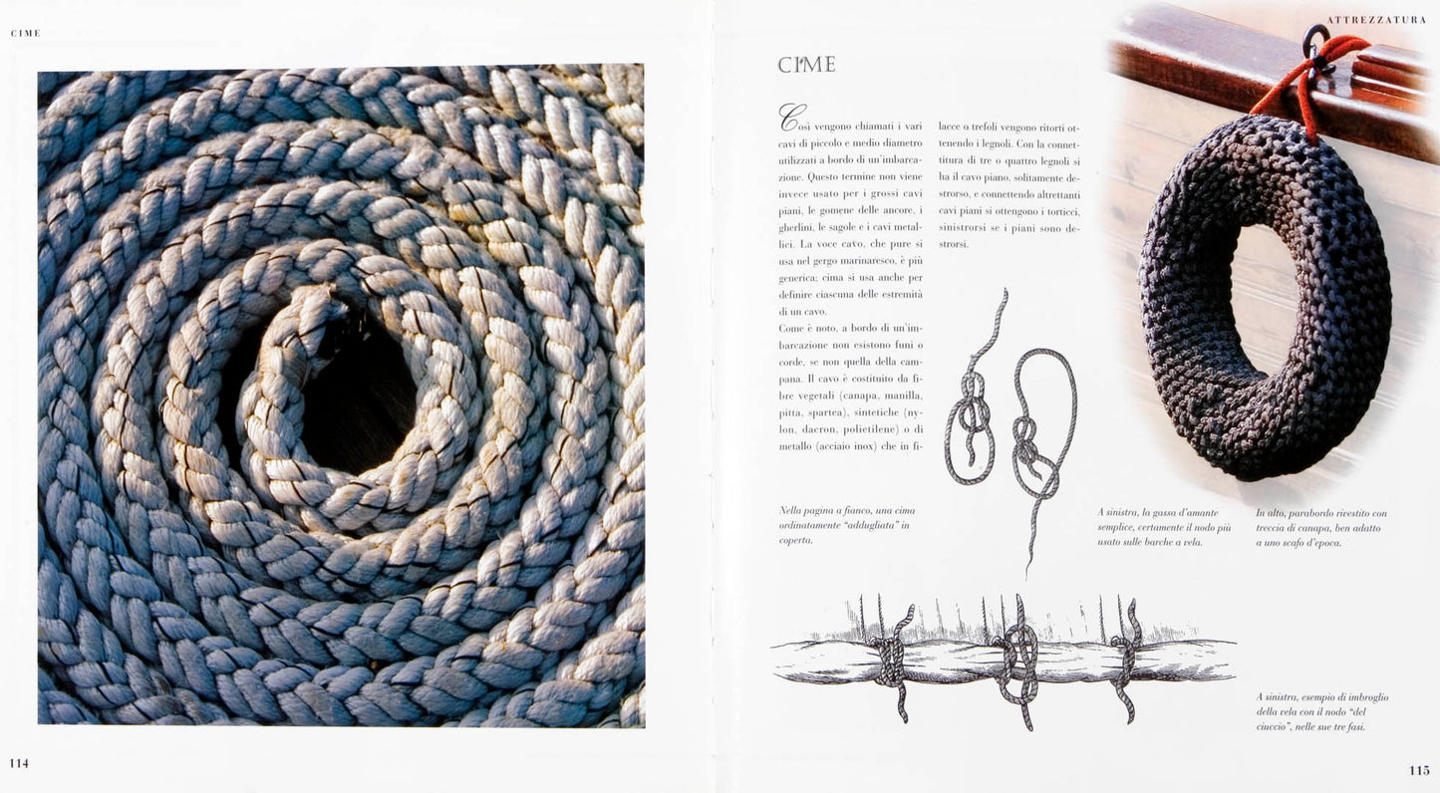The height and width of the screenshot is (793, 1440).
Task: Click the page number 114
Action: (x=19, y=763)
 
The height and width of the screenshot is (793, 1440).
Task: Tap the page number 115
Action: (x=1419, y=770)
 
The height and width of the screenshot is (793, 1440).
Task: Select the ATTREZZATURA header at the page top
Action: (x=1376, y=20)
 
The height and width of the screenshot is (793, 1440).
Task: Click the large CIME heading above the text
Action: (x=807, y=65)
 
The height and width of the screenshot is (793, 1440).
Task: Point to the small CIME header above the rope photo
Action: (x=26, y=34)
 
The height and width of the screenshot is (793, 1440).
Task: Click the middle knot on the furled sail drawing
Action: (x=1018, y=661)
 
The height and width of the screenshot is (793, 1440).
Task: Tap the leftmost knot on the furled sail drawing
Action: (x=894, y=661)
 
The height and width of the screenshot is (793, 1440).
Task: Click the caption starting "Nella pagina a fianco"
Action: (x=847, y=526)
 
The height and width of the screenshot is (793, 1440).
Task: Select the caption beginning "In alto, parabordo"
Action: (x=1321, y=528)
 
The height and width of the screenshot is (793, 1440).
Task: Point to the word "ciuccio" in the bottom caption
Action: (x=1274, y=727)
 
